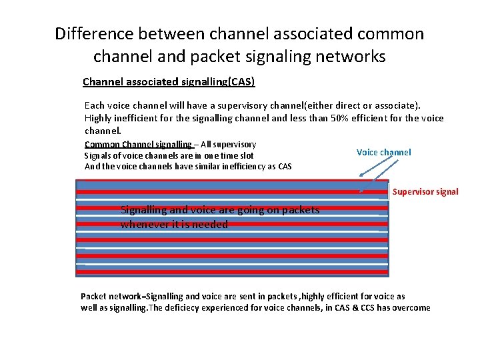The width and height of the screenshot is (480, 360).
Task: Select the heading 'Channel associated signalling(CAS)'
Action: [169, 82]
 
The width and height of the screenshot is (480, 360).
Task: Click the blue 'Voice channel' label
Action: [383, 152]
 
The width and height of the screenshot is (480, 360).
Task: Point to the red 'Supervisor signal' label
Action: [425, 191]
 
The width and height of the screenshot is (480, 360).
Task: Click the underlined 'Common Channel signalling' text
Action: [138, 144]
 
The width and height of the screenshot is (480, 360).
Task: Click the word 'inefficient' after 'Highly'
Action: [140, 118]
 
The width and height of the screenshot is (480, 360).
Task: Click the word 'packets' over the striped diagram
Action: [301, 210]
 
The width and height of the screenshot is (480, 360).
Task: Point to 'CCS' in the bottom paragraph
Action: [351, 307]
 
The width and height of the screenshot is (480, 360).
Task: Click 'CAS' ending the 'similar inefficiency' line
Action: [284, 166]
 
